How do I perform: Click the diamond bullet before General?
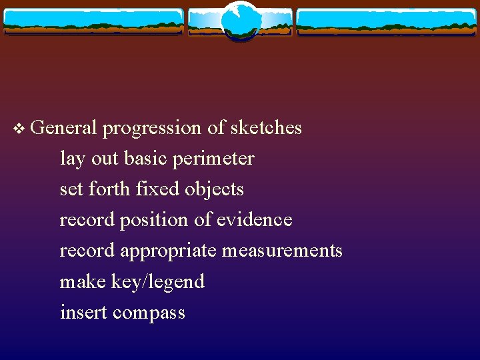pos(19,128)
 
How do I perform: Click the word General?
pos(64,127)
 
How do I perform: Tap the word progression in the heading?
pos(152,128)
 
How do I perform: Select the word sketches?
pos(266,127)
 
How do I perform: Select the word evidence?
pos(254,220)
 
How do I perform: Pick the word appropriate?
pos(169,251)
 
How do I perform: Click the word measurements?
pos(282,251)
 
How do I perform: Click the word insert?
pos(83,313)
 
